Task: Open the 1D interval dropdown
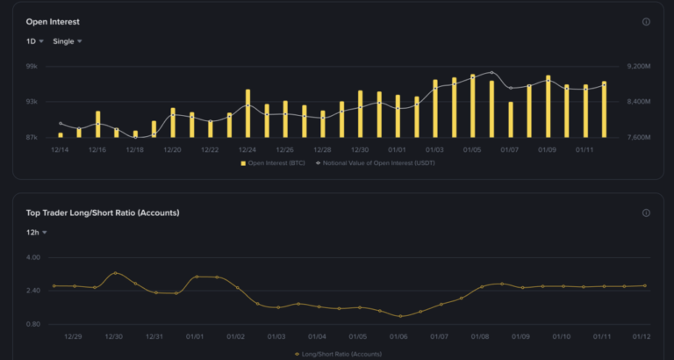point(35,41)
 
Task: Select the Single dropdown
point(68,41)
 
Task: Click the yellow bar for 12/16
point(97,124)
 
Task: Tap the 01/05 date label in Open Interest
point(472,150)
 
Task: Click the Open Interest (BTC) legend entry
point(273,163)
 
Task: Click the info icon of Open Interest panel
point(646,22)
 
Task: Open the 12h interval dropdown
point(36,233)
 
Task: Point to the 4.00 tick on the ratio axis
point(32,257)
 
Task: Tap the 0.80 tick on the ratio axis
point(32,324)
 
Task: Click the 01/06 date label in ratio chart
point(398,337)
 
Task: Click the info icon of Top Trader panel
point(646,212)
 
